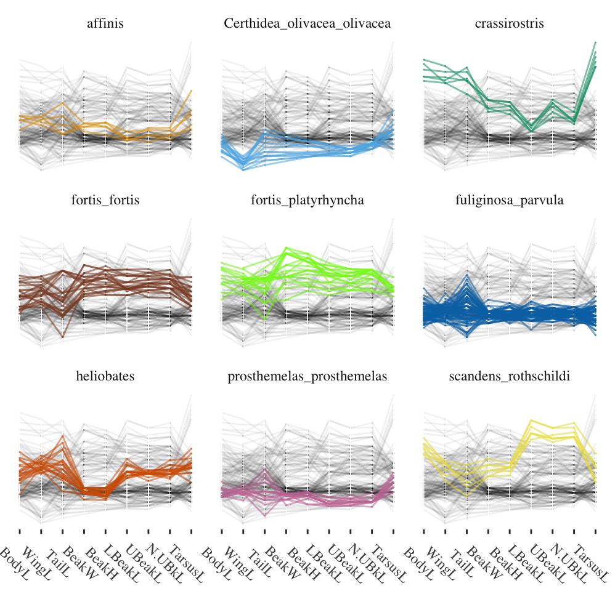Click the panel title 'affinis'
(105, 24)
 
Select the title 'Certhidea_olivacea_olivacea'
(307, 24)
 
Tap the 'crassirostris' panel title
(510, 24)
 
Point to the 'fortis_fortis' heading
(105, 200)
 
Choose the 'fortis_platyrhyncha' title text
(307, 200)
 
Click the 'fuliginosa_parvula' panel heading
(510, 200)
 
